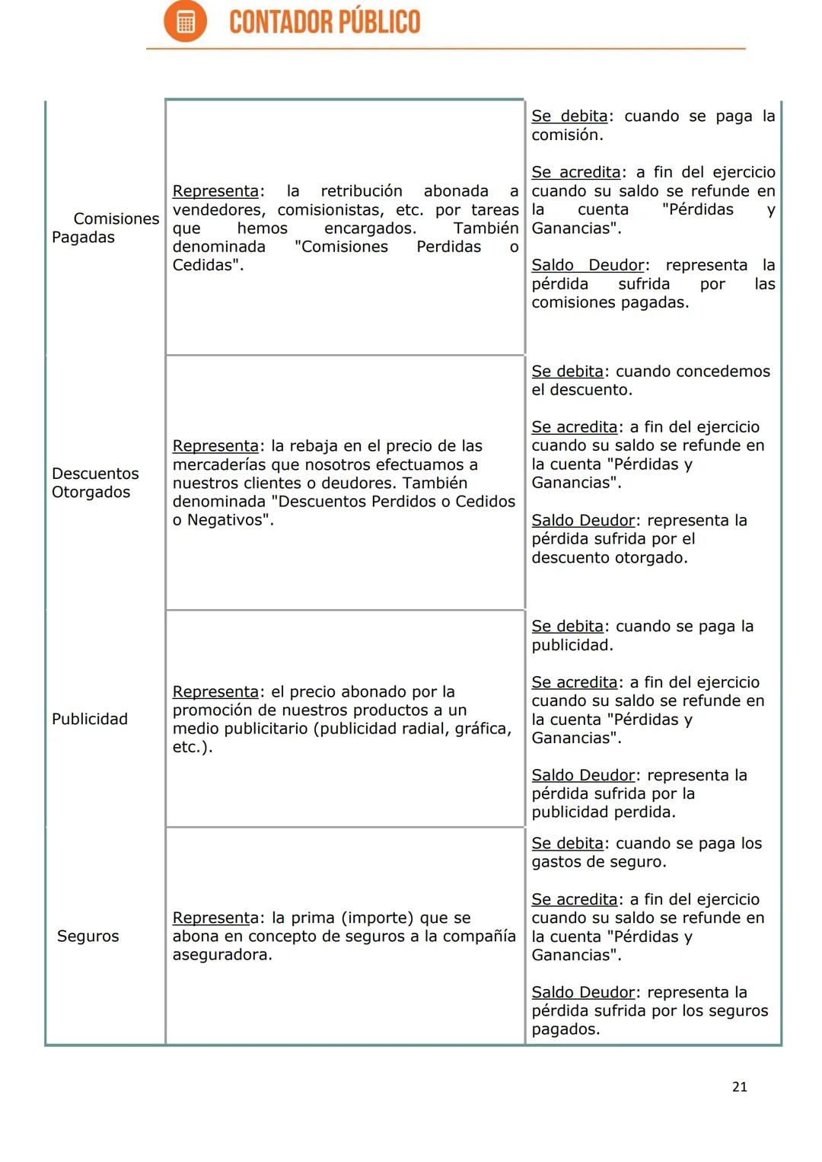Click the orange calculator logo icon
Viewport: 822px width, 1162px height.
(185, 21)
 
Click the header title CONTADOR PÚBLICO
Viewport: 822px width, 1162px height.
(324, 22)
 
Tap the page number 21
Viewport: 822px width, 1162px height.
(739, 1087)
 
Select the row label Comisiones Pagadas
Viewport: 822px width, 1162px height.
(105, 228)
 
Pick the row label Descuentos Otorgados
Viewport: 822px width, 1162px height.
(95, 483)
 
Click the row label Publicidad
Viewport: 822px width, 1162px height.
(90, 719)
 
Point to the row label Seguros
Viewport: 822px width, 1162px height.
(88, 936)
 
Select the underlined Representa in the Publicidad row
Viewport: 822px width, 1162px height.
(215, 691)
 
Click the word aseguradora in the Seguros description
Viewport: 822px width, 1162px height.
(221, 954)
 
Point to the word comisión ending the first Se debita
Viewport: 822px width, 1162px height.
(566, 135)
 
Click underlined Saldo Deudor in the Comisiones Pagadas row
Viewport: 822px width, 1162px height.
(588, 265)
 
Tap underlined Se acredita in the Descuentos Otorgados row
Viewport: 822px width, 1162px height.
(575, 427)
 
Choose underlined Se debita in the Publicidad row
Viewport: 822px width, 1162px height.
(567, 626)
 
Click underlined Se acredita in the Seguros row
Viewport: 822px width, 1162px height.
(575, 899)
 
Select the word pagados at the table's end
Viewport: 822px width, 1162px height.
(565, 1029)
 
